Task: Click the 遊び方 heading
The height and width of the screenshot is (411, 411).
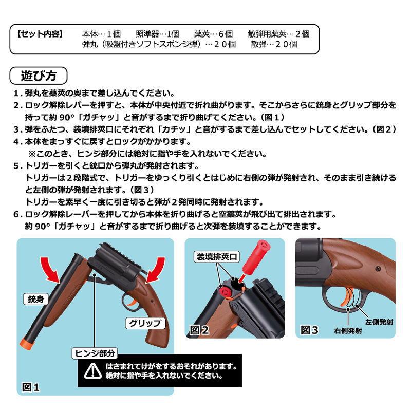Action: click(38, 76)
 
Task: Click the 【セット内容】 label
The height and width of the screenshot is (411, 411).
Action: click(40, 34)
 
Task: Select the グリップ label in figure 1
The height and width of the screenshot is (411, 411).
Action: click(144, 323)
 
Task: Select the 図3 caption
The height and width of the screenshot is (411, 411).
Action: click(310, 329)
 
